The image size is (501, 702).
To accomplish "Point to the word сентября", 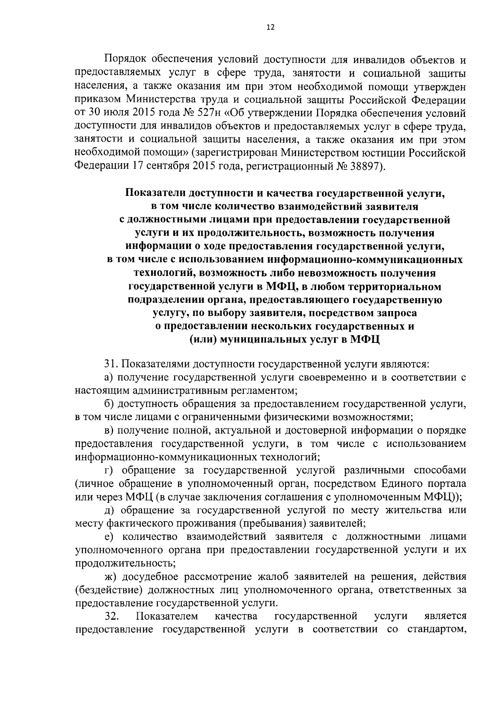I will pyautogui.click(x=167, y=167).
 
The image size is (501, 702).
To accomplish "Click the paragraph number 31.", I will pyautogui.click(x=111, y=365).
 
